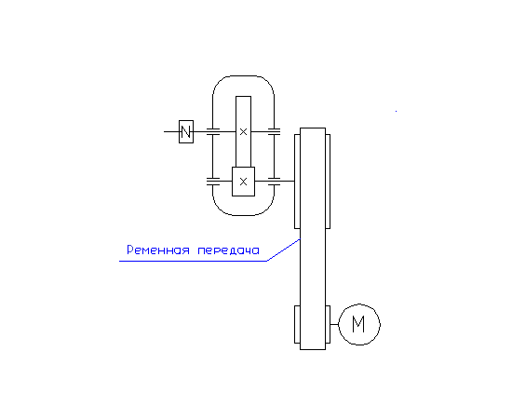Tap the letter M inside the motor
(x=358, y=324)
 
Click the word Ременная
(x=158, y=250)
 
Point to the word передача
(x=229, y=250)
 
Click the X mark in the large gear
(x=243, y=132)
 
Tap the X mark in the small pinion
(x=243, y=182)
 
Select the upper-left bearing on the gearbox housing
(x=213, y=131)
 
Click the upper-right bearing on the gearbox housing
(x=274, y=131)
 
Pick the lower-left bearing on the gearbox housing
(x=213, y=182)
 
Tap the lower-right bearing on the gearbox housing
(x=274, y=182)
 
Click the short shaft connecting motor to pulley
(x=334, y=325)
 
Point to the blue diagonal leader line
(x=283, y=250)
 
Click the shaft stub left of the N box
(x=171, y=131)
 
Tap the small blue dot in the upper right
(x=396, y=112)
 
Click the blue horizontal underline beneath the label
(x=193, y=261)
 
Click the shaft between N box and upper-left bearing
(x=200, y=131)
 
